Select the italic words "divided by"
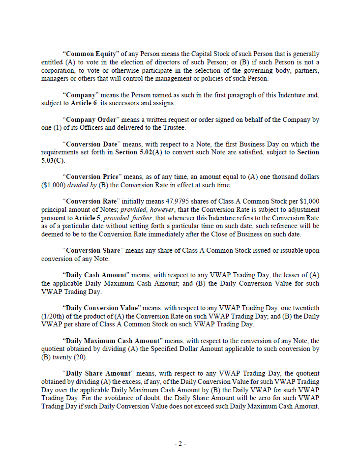[x=80, y=185]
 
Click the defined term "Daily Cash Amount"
[x=95, y=275]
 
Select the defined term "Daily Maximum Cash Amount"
[x=112, y=341]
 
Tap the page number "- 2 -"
[x=180, y=443]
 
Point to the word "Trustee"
[x=174, y=128]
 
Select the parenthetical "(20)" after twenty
[x=72, y=357]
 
